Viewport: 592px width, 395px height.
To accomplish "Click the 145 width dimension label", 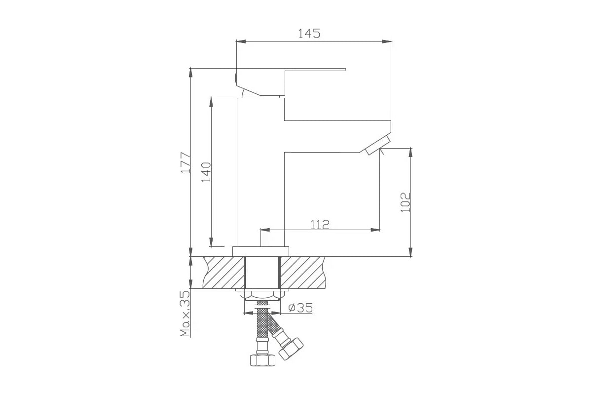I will (309, 34).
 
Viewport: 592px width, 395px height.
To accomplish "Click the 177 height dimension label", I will (185, 162).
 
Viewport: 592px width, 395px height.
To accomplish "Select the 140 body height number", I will (206, 172).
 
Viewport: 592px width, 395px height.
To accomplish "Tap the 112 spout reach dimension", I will (320, 225).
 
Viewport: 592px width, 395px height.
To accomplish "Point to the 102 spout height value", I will (406, 201).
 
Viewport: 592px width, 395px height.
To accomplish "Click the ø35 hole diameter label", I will (300, 308).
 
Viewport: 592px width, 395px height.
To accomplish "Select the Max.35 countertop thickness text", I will (185, 314).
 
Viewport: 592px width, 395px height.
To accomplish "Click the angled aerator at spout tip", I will (377, 146).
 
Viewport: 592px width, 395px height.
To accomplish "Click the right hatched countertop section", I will (303, 273).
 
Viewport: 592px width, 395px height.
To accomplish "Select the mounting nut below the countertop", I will (261, 295).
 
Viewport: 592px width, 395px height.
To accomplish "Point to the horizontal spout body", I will (335, 135).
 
